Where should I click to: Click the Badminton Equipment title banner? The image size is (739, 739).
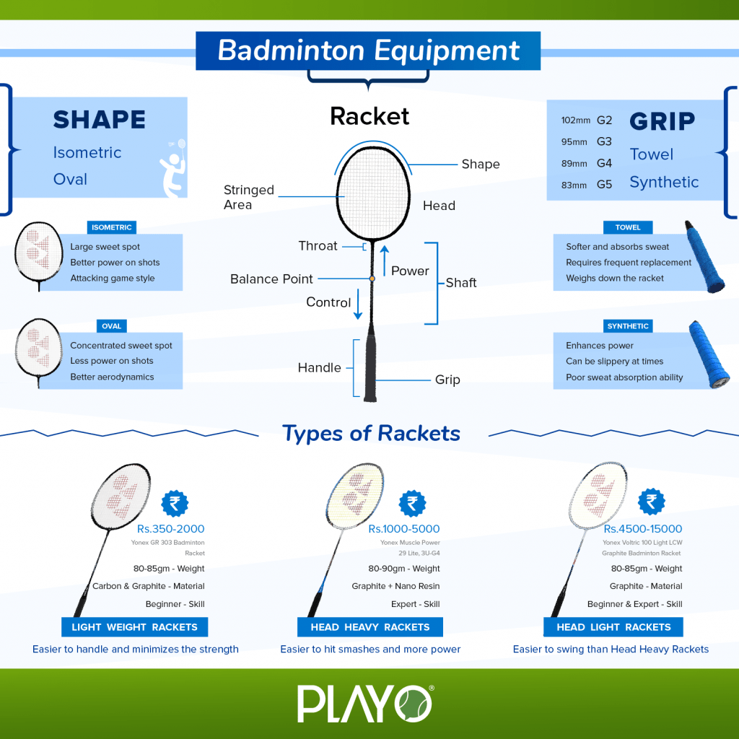[x=369, y=51]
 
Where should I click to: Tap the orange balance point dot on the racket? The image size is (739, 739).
[x=372, y=278]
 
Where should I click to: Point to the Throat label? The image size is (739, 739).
[x=318, y=246]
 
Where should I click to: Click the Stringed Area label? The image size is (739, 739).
[x=248, y=197]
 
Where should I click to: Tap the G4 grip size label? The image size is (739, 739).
[x=604, y=163]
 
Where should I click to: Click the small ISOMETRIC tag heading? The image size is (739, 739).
[x=111, y=227]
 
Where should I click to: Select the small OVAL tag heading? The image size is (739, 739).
[x=111, y=326]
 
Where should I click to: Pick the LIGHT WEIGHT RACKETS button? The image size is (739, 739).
[x=134, y=627]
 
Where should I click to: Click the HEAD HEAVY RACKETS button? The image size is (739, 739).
[x=370, y=627]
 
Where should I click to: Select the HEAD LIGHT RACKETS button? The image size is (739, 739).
[x=613, y=627]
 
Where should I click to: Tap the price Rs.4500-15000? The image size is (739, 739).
[x=642, y=529]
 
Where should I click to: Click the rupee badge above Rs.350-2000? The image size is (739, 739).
[x=175, y=503]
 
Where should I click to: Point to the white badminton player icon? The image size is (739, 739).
[x=172, y=168]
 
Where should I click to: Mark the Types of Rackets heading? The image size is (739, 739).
[x=371, y=433]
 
